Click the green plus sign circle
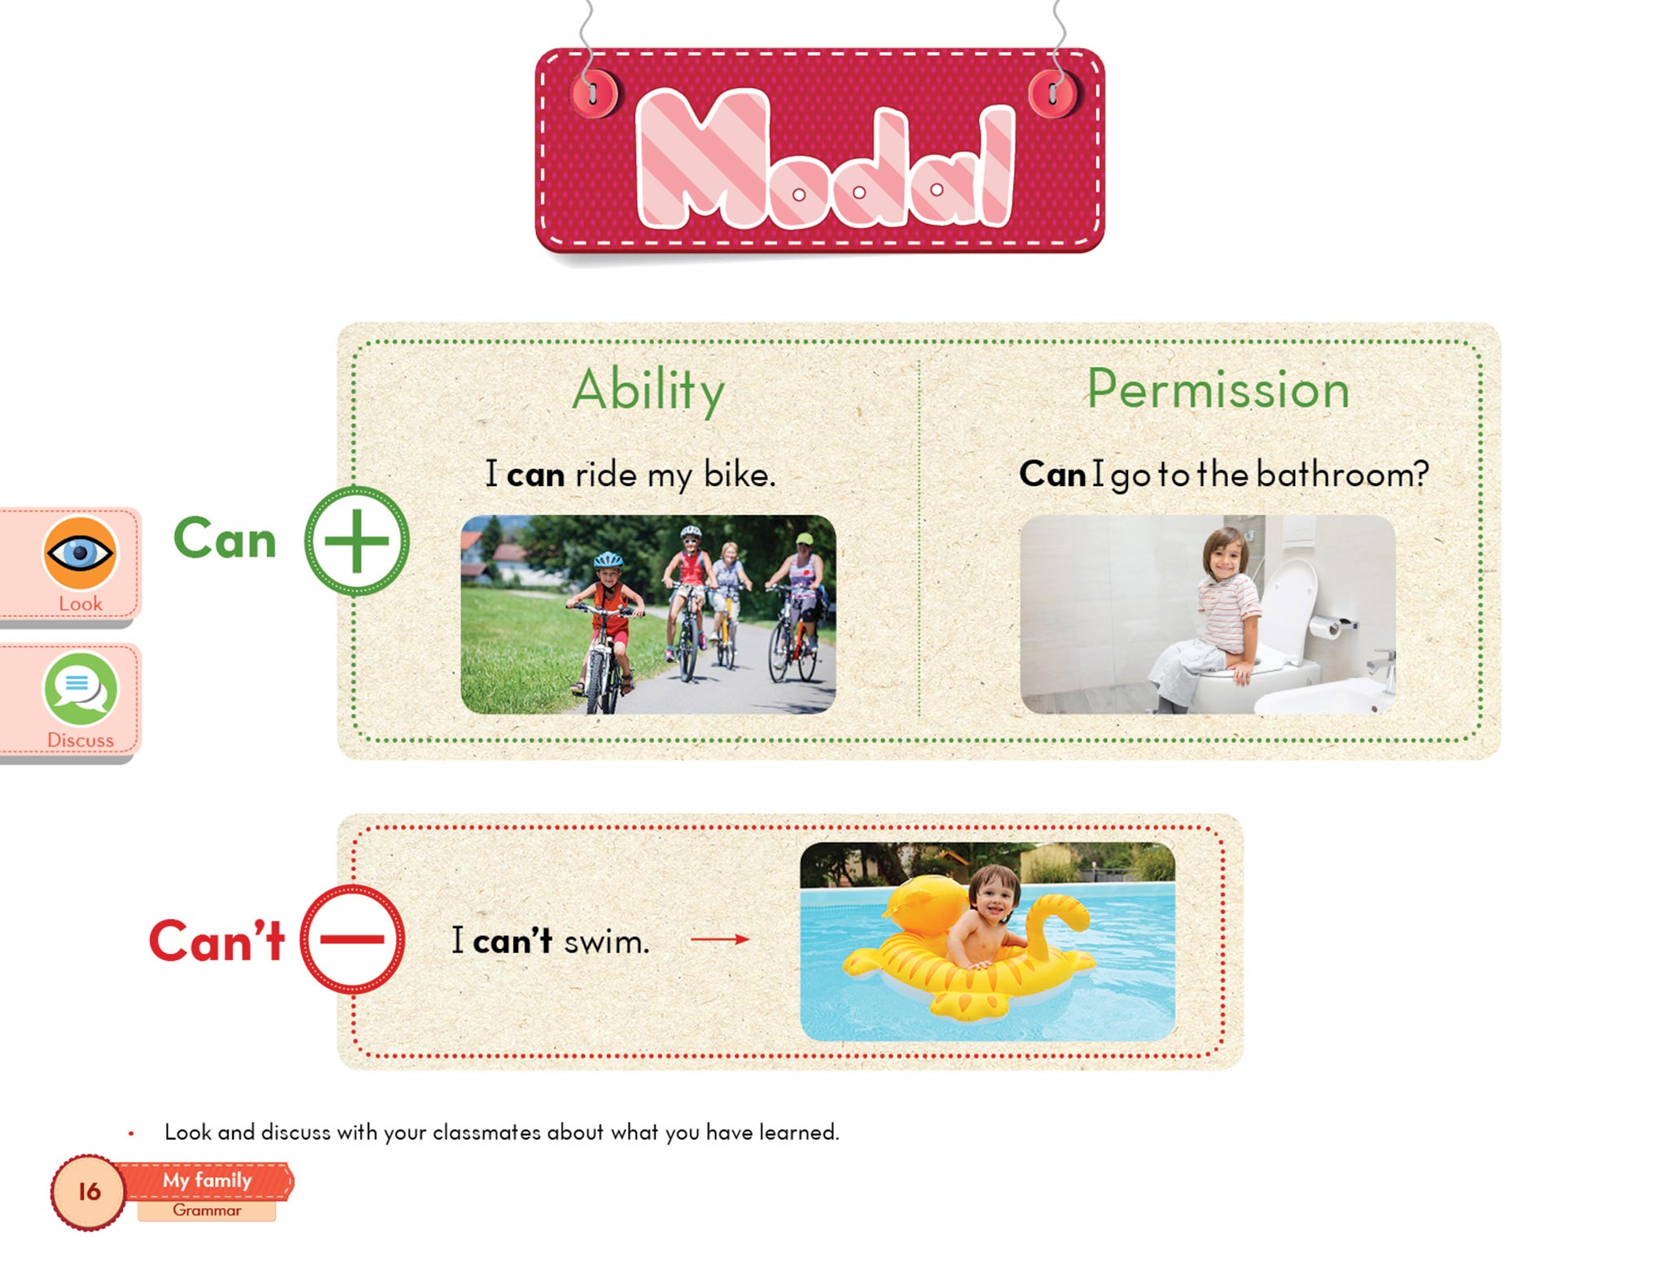tap(357, 540)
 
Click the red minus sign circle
tap(352, 938)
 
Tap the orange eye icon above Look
tap(80, 553)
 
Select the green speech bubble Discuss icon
tap(80, 689)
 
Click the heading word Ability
tap(648, 392)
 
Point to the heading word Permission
tap(1218, 390)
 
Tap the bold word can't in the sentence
tap(512, 942)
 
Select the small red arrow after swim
tap(720, 939)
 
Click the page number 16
tap(89, 1192)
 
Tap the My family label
tap(207, 1180)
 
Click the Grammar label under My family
tap(207, 1210)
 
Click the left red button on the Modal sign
tap(593, 93)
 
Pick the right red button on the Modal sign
tap(1052, 93)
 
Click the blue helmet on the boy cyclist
tap(608, 560)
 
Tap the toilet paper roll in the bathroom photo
tap(1324, 626)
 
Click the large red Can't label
tap(217, 941)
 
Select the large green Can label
tap(226, 539)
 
